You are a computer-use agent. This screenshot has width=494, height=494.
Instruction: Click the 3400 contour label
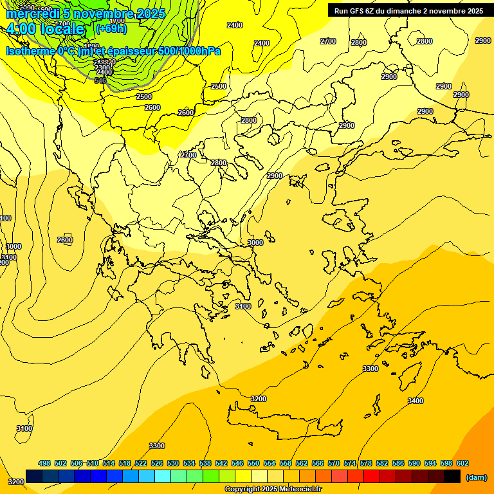pyautogui.click(x=416, y=401)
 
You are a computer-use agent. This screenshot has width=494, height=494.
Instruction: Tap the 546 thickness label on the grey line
pyautogui.click(x=100, y=80)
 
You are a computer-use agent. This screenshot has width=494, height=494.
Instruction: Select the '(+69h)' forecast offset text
pyautogui.click(x=111, y=28)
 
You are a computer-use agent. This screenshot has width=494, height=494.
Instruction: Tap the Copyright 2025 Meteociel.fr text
pyautogui.click(x=273, y=489)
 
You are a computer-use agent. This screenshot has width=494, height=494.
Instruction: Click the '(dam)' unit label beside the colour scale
pyautogui.click(x=476, y=477)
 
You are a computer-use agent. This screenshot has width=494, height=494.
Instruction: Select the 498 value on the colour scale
pyautogui.click(x=44, y=463)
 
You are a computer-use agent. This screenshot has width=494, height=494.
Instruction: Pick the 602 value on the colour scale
pyautogui.click(x=462, y=463)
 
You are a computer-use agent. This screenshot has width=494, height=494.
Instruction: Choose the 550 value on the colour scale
pyautogui.click(x=253, y=463)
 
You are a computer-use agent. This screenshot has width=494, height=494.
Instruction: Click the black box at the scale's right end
pyautogui.click(x=452, y=477)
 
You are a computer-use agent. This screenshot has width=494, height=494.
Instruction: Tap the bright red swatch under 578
pyautogui.click(x=372, y=477)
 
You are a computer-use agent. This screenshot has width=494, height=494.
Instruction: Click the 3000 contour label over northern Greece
pyautogui.click(x=255, y=242)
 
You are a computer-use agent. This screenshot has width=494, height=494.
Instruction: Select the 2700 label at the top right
pyautogui.click(x=328, y=41)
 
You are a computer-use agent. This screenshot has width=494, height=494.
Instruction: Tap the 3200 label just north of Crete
pyautogui.click(x=259, y=399)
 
